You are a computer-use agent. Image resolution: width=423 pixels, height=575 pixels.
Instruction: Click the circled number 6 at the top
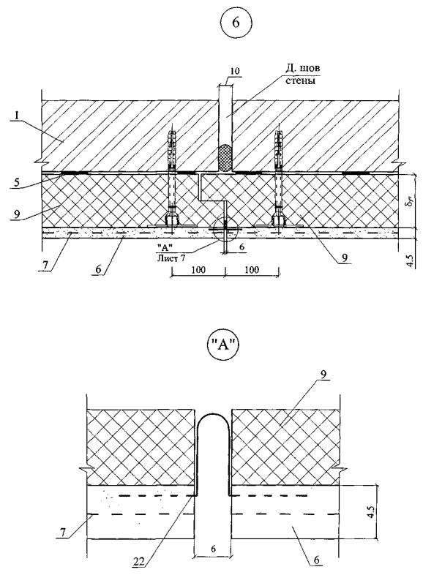(x=236, y=23)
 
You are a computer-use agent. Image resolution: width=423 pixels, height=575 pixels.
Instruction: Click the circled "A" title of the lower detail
(x=223, y=347)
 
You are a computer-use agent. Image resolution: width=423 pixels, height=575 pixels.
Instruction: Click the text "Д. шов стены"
(x=302, y=74)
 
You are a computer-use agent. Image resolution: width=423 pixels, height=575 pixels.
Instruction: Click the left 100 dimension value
(x=198, y=270)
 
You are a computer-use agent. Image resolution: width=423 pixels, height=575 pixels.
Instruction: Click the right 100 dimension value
(x=252, y=270)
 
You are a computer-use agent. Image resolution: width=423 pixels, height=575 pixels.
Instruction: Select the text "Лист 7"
(x=171, y=258)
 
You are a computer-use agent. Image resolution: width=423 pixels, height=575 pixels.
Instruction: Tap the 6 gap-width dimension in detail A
(x=214, y=549)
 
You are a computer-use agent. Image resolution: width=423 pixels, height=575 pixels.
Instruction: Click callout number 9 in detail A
(x=322, y=374)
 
